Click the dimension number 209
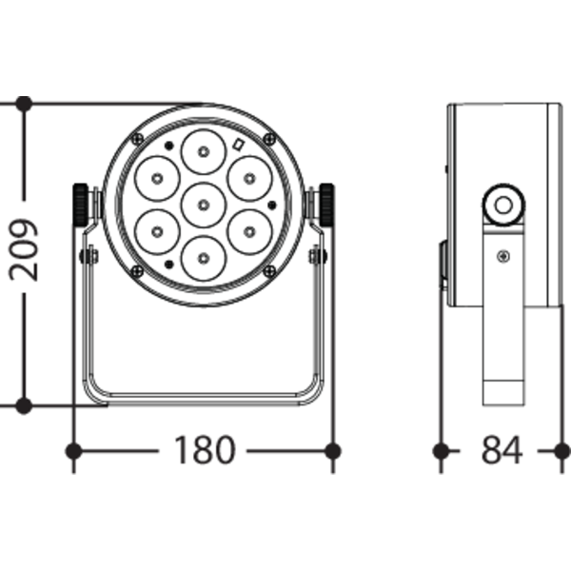tap(26, 249)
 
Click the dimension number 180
tap(204, 449)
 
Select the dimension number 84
tap(502, 449)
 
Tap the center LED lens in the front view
tap(202, 202)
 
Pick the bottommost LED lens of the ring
tap(202, 256)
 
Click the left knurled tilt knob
tap(79, 204)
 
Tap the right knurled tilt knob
tap(325, 204)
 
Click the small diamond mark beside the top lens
tap(238, 146)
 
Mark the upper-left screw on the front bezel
tap(137, 139)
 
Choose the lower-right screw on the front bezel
tap(269, 271)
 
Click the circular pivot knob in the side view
tap(502, 202)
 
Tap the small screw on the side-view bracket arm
tap(502, 255)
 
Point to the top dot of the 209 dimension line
tap(26, 102)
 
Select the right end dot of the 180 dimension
tap(332, 448)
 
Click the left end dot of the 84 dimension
tap(441, 448)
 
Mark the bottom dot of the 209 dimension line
tap(26, 405)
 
